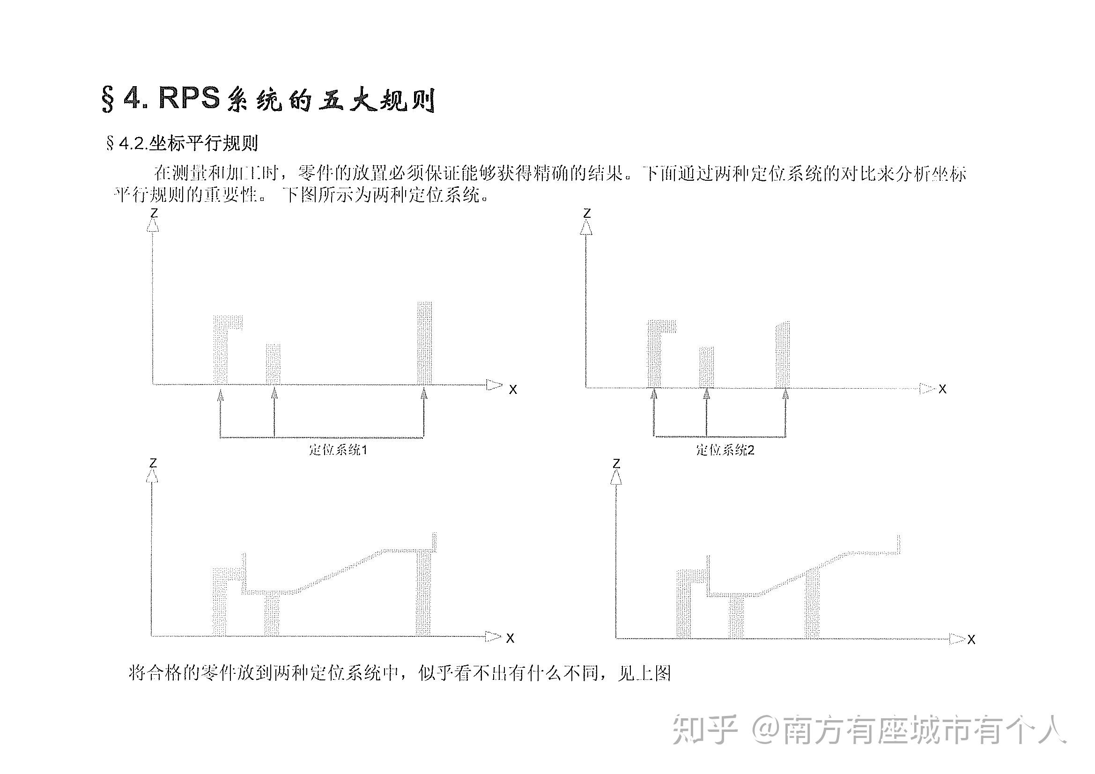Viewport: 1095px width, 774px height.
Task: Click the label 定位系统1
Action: [338, 449]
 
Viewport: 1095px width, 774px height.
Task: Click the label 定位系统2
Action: [725, 450]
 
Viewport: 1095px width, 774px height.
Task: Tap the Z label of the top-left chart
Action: [154, 213]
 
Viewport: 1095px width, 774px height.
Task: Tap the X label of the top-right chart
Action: [942, 389]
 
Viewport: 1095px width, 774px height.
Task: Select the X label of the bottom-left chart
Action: [510, 638]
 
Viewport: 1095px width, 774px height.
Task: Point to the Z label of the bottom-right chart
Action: [616, 463]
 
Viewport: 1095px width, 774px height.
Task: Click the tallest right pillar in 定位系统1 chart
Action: [424, 343]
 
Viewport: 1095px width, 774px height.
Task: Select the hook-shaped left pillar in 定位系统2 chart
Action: [654, 353]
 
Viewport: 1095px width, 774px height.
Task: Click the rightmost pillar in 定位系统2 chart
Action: [783, 355]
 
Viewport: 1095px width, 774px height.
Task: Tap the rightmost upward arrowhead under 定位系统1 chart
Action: [423, 394]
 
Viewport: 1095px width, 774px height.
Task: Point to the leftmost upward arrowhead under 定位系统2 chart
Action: [654, 394]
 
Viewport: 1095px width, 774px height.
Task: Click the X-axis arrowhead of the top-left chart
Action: [494, 384]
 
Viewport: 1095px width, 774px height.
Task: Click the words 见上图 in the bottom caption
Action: [644, 673]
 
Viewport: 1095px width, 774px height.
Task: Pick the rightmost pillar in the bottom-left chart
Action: [423, 593]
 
